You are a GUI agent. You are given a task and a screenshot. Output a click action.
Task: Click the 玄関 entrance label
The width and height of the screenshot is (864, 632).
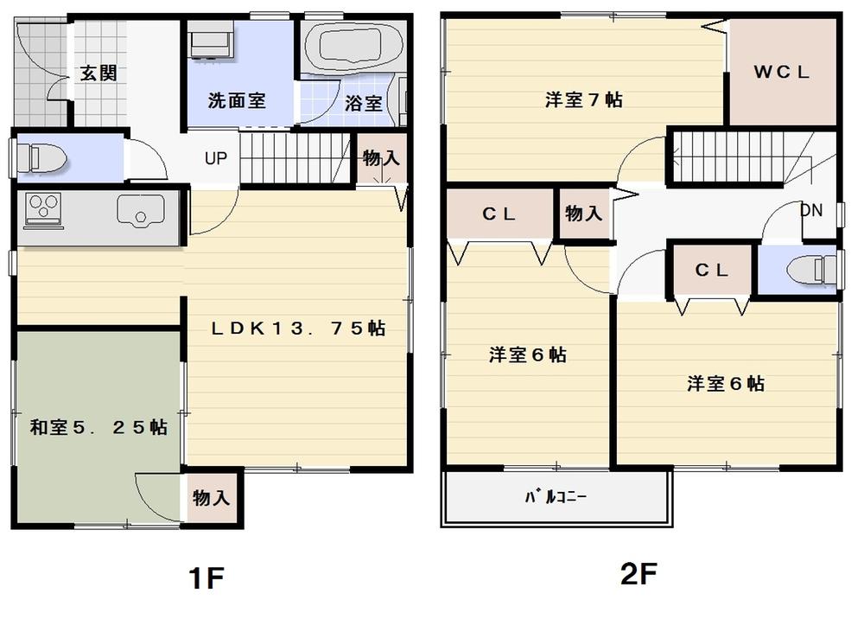coord(98,73)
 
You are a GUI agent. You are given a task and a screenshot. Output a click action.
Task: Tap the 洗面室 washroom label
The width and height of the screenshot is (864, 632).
coord(236,100)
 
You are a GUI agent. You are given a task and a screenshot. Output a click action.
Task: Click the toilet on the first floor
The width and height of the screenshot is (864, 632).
coord(43,157)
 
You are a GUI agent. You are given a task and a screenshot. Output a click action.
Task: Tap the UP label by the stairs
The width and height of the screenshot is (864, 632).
coord(216,158)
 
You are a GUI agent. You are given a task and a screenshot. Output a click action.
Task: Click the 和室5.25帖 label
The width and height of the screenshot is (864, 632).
coord(98,427)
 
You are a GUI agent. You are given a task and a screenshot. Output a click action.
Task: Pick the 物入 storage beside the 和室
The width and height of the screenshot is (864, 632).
coord(211,498)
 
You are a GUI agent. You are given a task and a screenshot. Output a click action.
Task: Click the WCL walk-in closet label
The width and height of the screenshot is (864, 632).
coord(782,73)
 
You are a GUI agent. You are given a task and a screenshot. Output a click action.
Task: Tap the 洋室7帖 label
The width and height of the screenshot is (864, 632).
coord(584,99)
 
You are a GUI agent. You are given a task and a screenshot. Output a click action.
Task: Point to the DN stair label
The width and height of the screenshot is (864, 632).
coord(811,209)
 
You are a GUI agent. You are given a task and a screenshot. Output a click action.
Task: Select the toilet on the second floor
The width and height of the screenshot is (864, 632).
coord(810,271)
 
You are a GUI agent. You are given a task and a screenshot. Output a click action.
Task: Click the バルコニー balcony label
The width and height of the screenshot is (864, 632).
coord(556,498)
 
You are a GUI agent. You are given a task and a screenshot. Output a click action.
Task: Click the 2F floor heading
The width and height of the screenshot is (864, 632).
coord(639,574)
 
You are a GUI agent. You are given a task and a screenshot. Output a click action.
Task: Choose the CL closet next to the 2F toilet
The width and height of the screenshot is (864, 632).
coord(713,271)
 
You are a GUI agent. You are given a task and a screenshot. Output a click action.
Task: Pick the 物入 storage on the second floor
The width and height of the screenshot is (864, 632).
coord(583,213)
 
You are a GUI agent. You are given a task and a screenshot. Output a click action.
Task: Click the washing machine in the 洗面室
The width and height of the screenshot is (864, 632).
coord(209,42)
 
